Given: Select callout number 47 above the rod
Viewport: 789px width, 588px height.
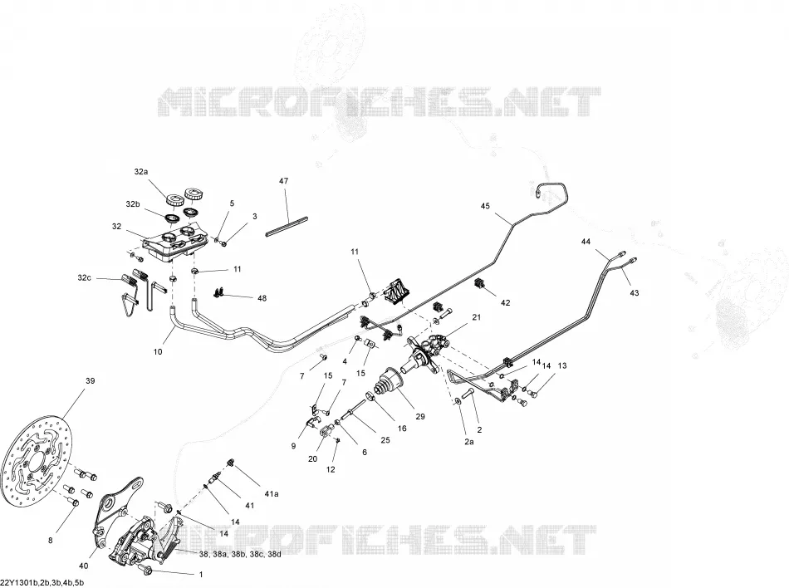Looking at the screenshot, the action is [x=284, y=180].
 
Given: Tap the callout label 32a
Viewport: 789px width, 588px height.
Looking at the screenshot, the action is [x=141, y=172].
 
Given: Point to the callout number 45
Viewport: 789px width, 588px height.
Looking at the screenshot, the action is [x=485, y=206].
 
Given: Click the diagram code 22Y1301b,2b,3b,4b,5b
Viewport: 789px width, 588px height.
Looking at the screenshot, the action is [x=42, y=583].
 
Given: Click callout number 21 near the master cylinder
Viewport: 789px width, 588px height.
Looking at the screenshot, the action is [x=476, y=317].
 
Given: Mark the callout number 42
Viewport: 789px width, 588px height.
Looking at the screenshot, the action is [x=505, y=302].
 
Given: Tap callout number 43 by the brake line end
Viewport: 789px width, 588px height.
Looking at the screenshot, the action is [x=634, y=292].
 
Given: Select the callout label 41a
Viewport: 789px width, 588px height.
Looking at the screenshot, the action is [x=272, y=493].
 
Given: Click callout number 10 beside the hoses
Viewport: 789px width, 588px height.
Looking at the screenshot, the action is [x=158, y=351].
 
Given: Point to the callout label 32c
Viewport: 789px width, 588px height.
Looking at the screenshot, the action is [x=85, y=277].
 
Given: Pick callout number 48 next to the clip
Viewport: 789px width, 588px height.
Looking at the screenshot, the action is [x=262, y=298].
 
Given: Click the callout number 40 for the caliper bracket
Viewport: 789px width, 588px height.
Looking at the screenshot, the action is [x=84, y=566].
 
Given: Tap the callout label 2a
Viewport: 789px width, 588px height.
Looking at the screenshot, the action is [x=468, y=442].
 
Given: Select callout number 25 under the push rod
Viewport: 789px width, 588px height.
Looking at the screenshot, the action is [x=385, y=440].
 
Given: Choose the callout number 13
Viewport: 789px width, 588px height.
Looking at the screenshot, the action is [x=562, y=365].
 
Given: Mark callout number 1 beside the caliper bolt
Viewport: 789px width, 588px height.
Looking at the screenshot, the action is [x=201, y=574].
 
